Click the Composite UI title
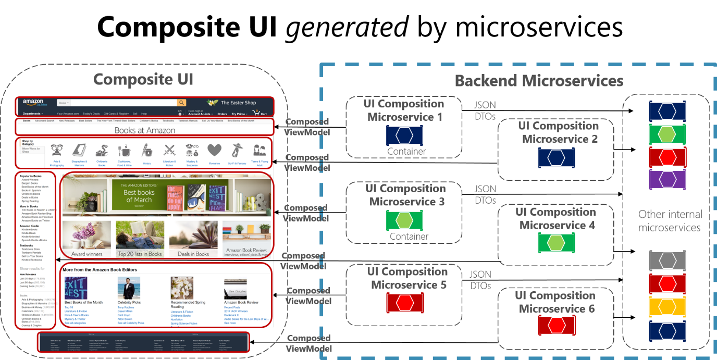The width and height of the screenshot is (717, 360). (143, 80)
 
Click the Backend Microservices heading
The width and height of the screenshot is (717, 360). (539, 81)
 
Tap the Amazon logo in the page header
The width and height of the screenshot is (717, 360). (33, 103)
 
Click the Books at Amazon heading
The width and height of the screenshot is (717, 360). (145, 130)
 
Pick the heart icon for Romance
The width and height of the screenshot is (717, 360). (214, 151)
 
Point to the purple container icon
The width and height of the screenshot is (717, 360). (667, 179)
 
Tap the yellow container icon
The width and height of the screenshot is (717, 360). (667, 306)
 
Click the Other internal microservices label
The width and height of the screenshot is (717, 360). (670, 220)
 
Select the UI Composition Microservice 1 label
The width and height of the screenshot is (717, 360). (404, 110)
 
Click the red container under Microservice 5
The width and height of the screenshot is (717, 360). (404, 303)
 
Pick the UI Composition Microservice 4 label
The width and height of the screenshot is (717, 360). (556, 218)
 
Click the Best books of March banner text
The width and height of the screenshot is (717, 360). (139, 196)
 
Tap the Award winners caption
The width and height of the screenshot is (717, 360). (87, 254)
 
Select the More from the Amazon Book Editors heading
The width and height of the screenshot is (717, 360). (104, 269)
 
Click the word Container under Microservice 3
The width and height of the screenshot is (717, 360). (409, 236)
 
